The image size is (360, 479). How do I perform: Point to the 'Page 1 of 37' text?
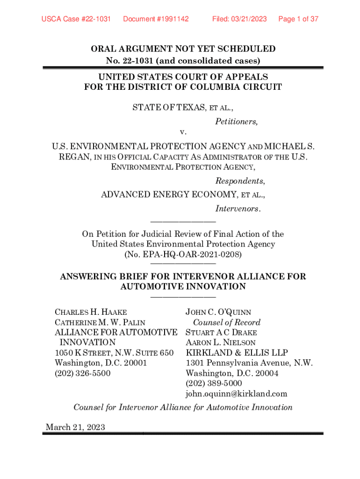[x=298, y=19]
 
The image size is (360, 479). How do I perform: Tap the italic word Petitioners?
[x=236, y=122]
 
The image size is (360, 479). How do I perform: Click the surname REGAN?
[x=73, y=157]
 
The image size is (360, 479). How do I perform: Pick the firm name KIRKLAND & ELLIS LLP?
[x=237, y=353]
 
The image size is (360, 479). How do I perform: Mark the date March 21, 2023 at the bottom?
[x=75, y=427]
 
